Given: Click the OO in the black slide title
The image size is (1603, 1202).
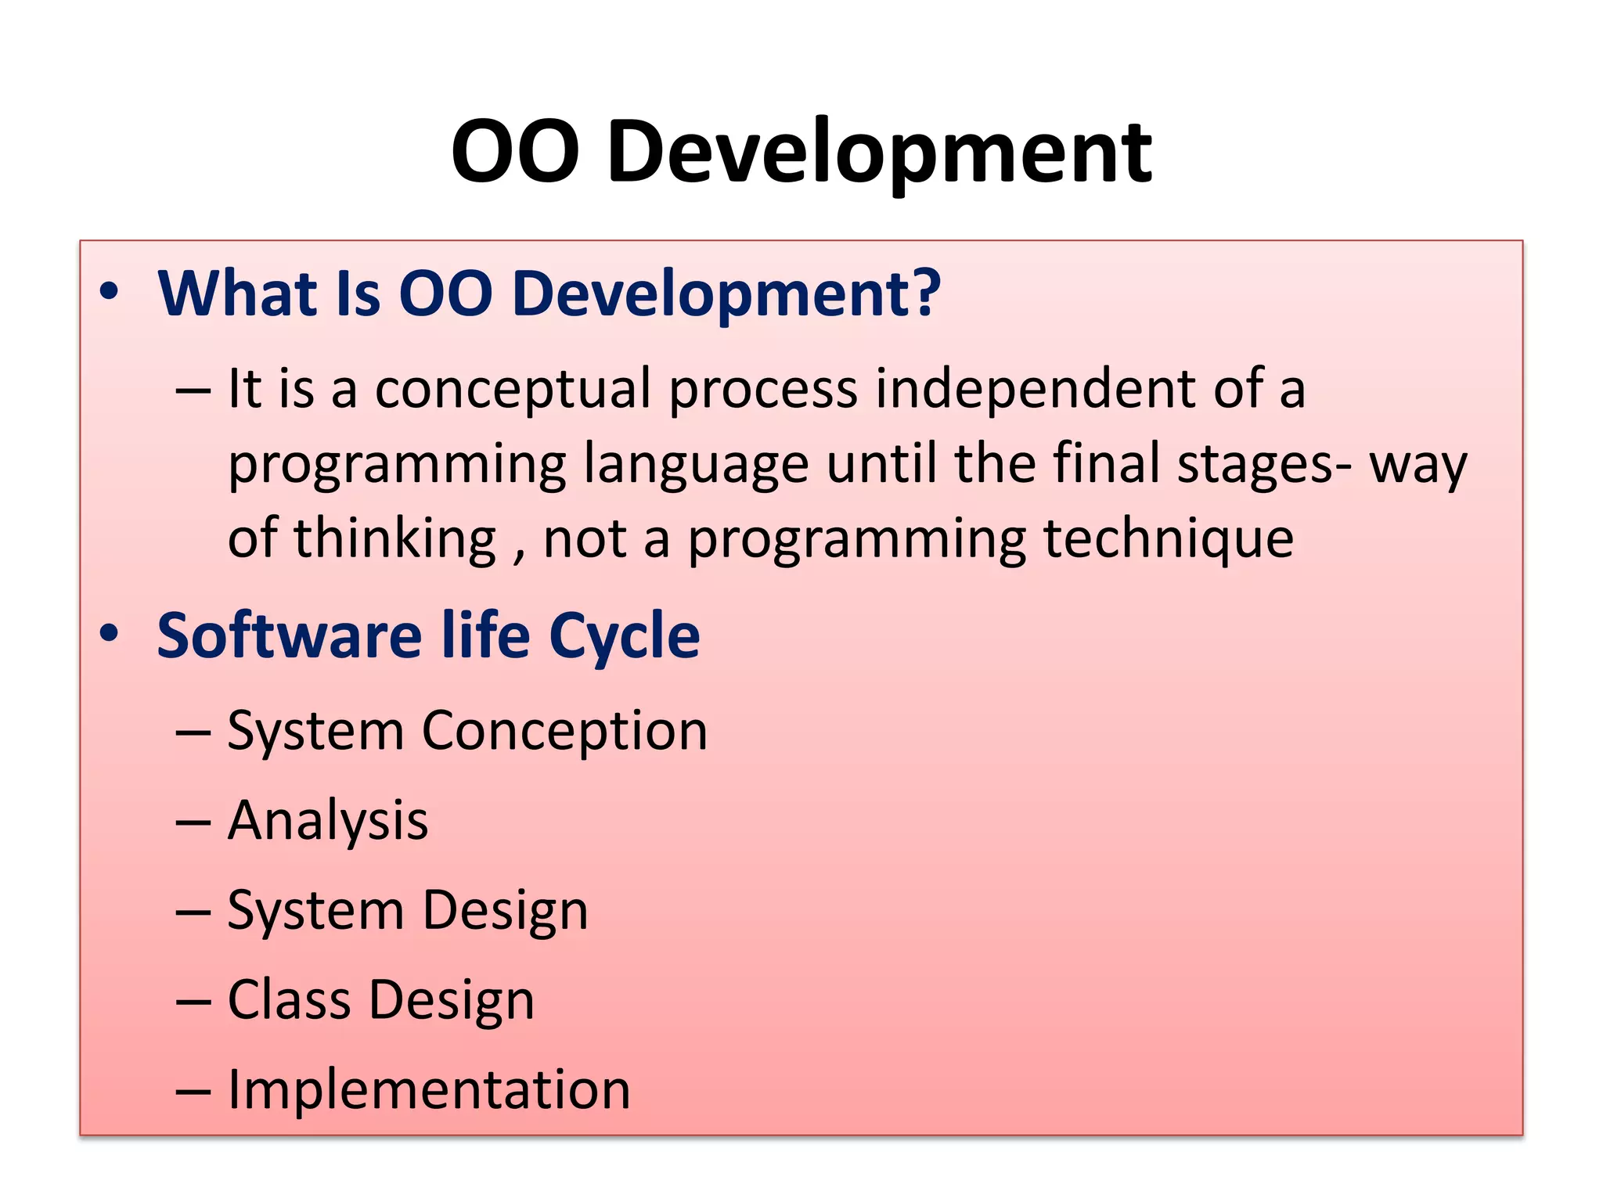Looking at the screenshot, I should [515, 153].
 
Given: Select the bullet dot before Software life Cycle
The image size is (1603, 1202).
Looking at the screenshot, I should [110, 633].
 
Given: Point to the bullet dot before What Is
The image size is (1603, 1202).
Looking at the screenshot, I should [110, 292].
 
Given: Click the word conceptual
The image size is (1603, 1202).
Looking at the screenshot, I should [513, 390].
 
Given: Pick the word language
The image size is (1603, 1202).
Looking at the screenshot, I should [697, 465].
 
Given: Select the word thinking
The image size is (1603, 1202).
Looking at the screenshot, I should [394, 540].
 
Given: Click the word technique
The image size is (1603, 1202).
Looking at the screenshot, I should [1169, 540].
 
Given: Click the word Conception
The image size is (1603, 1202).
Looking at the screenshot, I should [564, 732].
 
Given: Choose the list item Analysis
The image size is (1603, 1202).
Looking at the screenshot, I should [328, 821].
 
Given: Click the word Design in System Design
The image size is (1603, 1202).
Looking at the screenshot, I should [505, 912].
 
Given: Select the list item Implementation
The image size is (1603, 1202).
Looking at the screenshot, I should [429, 1090].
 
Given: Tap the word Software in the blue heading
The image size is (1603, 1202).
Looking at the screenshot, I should [290, 635].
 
